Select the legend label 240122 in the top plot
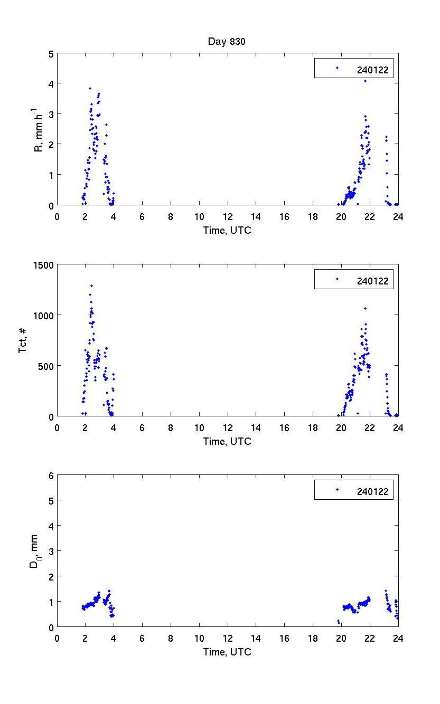tap(372, 69)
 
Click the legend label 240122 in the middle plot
tap(372, 281)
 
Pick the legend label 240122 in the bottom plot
tap(372, 492)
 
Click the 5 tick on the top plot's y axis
tap(51, 53)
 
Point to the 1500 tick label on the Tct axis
tap(44, 265)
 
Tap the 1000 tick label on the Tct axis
tap(44, 315)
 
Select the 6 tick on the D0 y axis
tap(51, 475)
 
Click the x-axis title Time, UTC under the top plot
tap(227, 230)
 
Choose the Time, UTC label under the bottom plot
tap(227, 652)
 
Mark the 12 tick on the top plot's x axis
tap(228, 217)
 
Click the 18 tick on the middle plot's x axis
tap(313, 428)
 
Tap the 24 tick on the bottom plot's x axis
tap(398, 638)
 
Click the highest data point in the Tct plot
tap(91, 286)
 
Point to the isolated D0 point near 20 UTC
tap(338, 621)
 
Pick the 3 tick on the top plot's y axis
tap(51, 114)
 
